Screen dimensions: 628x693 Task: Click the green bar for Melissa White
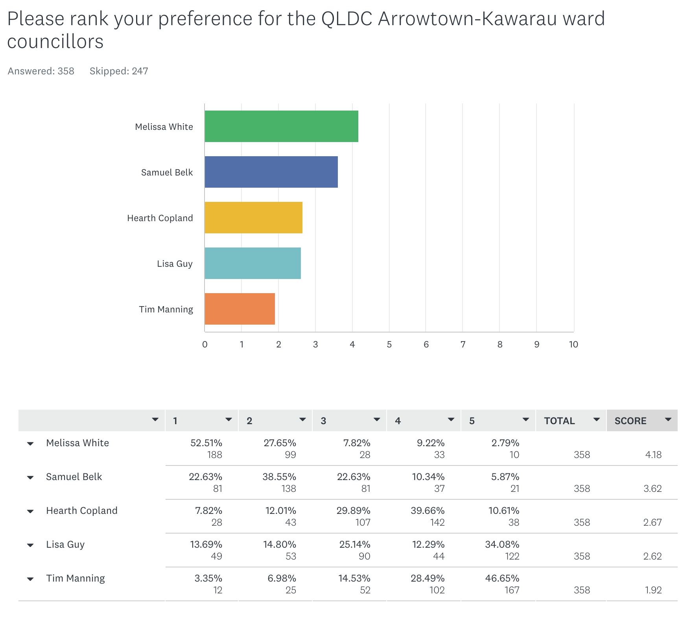(x=281, y=126)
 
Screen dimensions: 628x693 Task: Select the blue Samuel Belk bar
(x=271, y=172)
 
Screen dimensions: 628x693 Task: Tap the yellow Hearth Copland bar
(x=253, y=218)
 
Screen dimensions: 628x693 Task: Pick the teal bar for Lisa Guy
(x=253, y=263)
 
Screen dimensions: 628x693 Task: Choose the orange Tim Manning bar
(x=240, y=309)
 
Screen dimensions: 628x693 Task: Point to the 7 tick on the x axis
(x=463, y=345)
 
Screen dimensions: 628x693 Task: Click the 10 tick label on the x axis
(x=573, y=345)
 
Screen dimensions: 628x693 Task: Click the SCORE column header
(x=630, y=421)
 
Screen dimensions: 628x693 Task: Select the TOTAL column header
(x=559, y=421)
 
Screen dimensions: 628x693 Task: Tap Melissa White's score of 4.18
(x=653, y=455)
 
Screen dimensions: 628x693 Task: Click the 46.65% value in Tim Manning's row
(x=502, y=578)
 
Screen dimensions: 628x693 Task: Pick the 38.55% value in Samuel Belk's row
(x=279, y=477)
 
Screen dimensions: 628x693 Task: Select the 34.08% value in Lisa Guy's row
(x=502, y=545)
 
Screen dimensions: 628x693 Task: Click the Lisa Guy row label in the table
(x=65, y=545)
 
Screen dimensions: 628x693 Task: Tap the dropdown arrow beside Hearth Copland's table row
(x=30, y=512)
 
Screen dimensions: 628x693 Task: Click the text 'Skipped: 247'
(x=119, y=71)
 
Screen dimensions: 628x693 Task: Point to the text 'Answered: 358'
(x=41, y=71)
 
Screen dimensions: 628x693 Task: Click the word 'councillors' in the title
(x=55, y=42)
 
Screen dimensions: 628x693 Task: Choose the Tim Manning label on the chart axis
(x=166, y=309)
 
